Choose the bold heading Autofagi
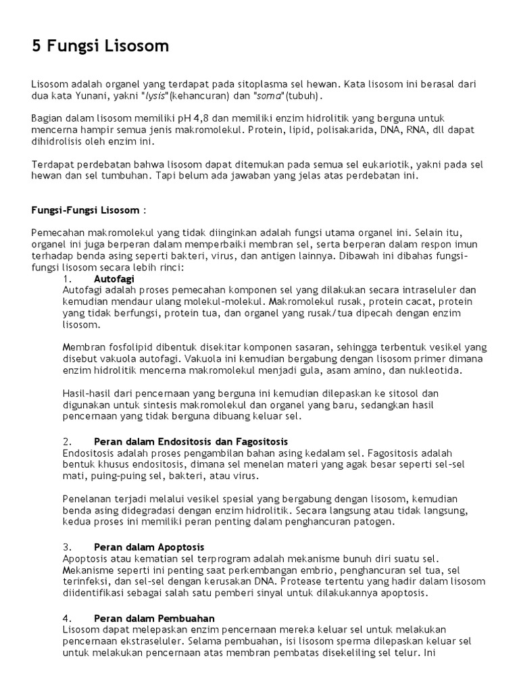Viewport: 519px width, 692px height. click(109, 278)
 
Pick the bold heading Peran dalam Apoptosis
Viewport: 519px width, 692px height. click(149, 546)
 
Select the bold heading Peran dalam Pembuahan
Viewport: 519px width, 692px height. click(155, 618)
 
